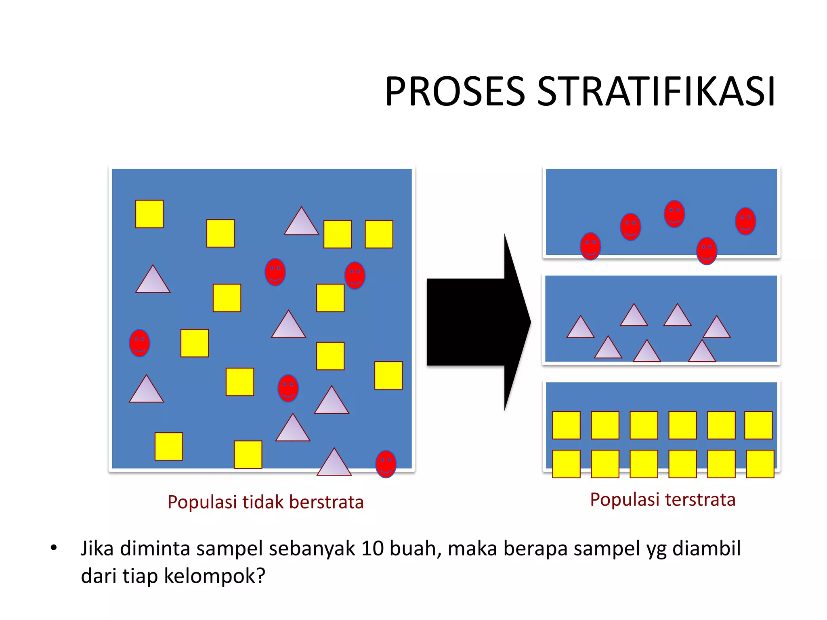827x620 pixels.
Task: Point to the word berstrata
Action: pos(326,502)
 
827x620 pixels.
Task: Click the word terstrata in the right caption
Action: pos(700,500)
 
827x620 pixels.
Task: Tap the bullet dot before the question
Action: pos(54,548)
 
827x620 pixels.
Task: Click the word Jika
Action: pos(97,549)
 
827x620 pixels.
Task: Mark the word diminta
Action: pos(155,549)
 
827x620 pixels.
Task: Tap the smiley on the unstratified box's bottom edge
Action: pos(386,464)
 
